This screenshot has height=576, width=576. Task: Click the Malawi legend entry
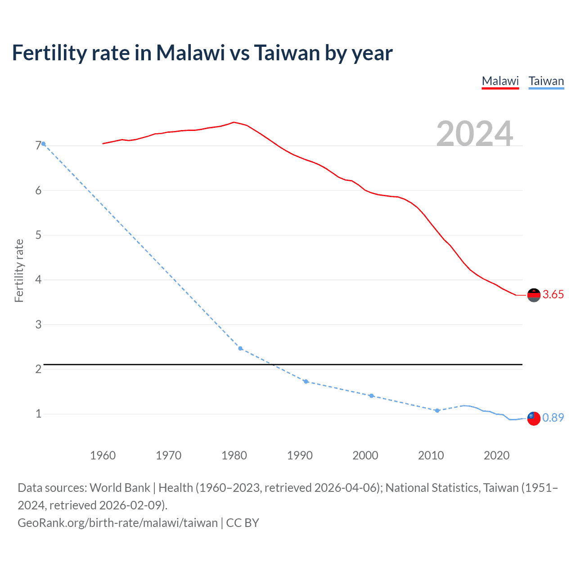tap(500, 81)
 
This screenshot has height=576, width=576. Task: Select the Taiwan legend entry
tap(546, 81)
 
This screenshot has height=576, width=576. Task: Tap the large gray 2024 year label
tap(475, 134)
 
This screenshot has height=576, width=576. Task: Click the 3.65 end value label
tap(553, 295)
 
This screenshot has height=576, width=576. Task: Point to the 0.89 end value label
tap(553, 418)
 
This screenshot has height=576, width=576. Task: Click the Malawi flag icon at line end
tap(534, 295)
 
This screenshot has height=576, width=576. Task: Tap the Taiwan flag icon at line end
tap(534, 418)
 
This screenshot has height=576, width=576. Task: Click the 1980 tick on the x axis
tap(234, 455)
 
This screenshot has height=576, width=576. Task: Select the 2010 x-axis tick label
tap(431, 455)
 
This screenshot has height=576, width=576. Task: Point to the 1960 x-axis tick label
tap(103, 455)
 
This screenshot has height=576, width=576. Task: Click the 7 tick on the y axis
tap(38, 146)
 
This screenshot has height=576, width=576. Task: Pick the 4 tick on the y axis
tap(38, 280)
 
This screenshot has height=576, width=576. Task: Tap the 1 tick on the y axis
tap(38, 414)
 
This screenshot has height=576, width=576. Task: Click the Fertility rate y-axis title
tap(19, 270)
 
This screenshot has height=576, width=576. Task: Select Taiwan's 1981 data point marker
tap(240, 349)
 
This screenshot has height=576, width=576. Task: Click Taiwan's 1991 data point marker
tap(306, 382)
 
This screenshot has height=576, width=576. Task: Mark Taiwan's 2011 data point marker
tap(437, 410)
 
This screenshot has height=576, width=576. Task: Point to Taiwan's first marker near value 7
tap(43, 144)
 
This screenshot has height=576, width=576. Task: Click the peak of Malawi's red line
tap(234, 122)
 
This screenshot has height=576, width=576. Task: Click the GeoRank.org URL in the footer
tap(117, 523)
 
